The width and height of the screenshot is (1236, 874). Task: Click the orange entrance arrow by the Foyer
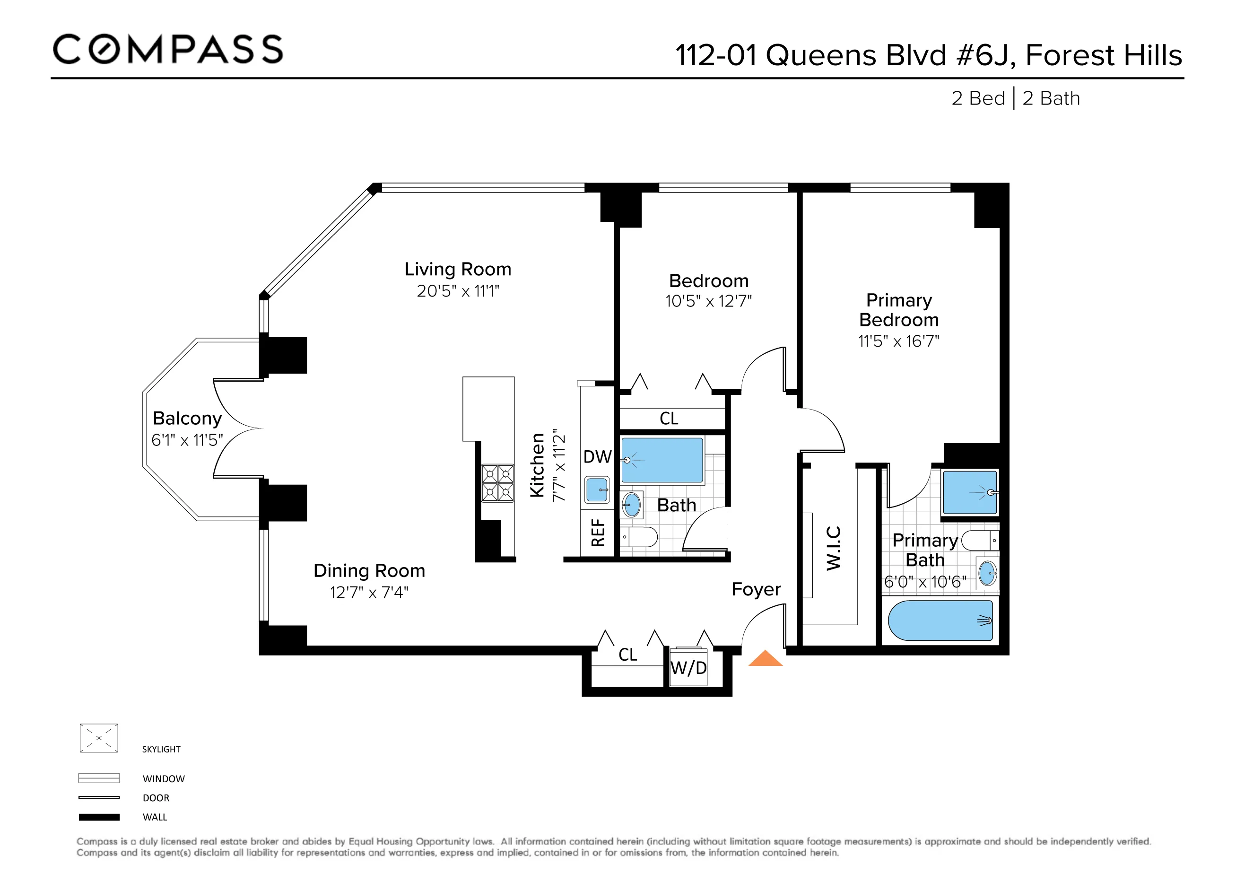pyautogui.click(x=765, y=659)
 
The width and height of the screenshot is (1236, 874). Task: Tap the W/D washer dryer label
pyautogui.click(x=688, y=668)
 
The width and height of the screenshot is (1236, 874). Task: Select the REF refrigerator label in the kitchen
pyautogui.click(x=598, y=533)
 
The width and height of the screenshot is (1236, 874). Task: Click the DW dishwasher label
pyautogui.click(x=597, y=457)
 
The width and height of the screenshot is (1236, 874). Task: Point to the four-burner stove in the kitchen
pyautogui.click(x=497, y=483)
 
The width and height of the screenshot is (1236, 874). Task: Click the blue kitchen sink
pyautogui.click(x=597, y=489)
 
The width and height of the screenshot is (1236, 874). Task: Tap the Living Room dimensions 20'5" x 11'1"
pyautogui.click(x=458, y=291)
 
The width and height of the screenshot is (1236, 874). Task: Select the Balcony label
pyautogui.click(x=187, y=419)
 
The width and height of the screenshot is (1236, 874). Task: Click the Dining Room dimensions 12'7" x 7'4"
pyautogui.click(x=369, y=592)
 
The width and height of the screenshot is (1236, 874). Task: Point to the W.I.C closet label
pyautogui.click(x=833, y=548)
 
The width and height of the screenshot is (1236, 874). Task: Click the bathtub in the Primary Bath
pyautogui.click(x=940, y=621)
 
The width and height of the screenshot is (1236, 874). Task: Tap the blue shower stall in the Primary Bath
pyautogui.click(x=969, y=492)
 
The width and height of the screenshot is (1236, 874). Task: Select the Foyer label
pyautogui.click(x=756, y=589)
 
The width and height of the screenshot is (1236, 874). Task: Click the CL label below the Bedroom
pyautogui.click(x=669, y=419)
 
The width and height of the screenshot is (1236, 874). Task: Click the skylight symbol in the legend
pyautogui.click(x=98, y=738)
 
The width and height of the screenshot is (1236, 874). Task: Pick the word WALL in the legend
pyautogui.click(x=155, y=817)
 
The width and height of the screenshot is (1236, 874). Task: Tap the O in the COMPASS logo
pyautogui.click(x=104, y=50)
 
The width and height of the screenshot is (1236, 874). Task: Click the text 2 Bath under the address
pyautogui.click(x=1051, y=98)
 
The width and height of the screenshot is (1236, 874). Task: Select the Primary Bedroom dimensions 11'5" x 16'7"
pyautogui.click(x=898, y=341)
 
